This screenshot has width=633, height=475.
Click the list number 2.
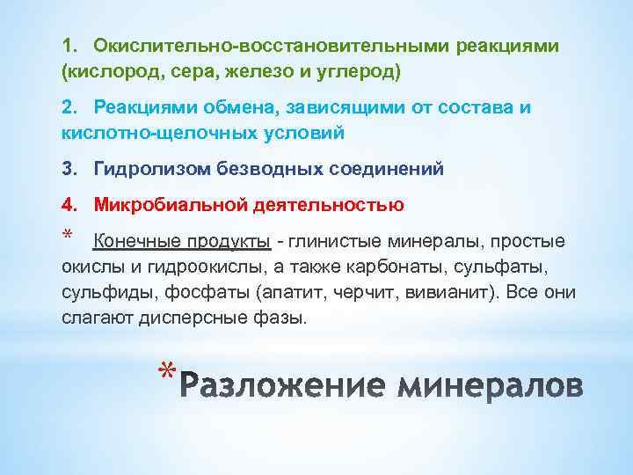(x=69, y=106)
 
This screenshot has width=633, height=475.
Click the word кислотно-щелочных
(x=141, y=133)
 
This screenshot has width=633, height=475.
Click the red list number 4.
(x=69, y=205)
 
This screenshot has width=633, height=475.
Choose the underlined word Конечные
(x=133, y=241)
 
